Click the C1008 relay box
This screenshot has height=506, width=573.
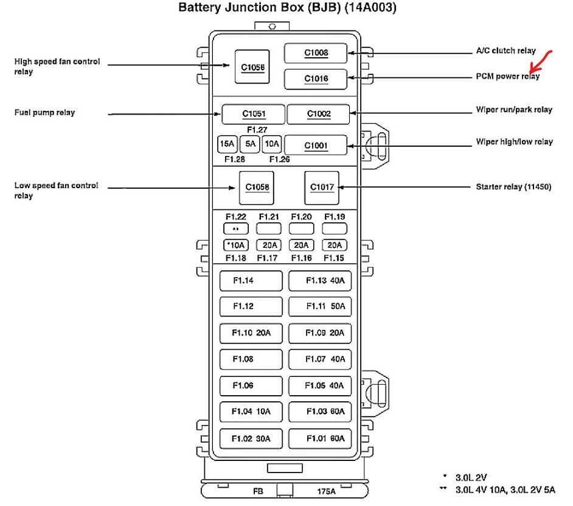pos(316,53)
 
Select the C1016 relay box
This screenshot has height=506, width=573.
pos(316,79)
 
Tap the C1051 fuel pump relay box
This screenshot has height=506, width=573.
pos(252,114)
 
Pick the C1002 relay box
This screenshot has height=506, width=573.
pos(318,114)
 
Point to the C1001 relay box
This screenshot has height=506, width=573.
pos(316,145)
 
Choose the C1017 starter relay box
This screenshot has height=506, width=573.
pos(322,187)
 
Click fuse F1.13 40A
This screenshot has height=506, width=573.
pos(320,281)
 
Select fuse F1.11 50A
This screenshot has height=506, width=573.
pos(320,306)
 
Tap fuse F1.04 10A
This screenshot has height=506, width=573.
pos(251,412)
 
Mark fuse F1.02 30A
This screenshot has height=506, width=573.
pos(251,438)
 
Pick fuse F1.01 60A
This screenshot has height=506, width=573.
pos(320,438)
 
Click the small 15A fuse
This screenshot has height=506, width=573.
pos(227,144)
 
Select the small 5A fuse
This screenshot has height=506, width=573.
pos(249,144)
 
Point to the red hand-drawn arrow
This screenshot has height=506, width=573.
pos(540,61)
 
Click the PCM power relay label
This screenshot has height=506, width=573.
pos(507,77)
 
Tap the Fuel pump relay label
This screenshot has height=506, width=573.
pos(44,113)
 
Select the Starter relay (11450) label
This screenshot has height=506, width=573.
pos(513,187)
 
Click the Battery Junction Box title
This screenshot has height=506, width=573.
pos(288,8)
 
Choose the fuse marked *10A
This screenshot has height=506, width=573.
pos(235,245)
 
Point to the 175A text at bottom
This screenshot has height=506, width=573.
pos(326,491)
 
